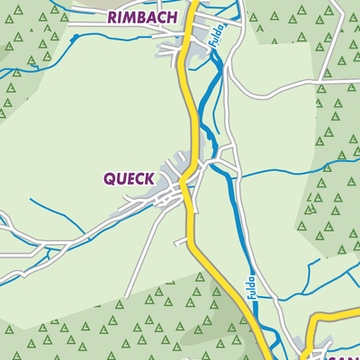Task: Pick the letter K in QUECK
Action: (148, 178)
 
